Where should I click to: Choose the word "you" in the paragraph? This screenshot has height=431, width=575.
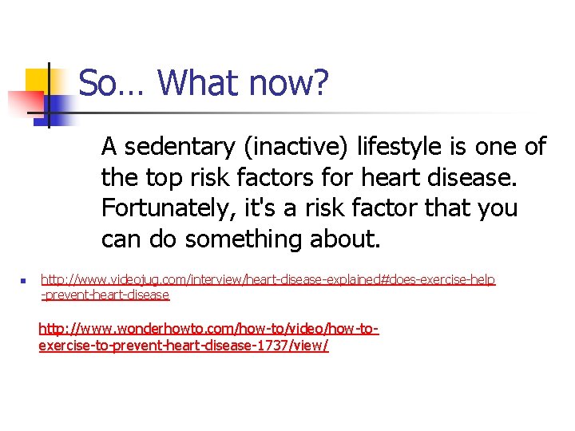click(x=498, y=209)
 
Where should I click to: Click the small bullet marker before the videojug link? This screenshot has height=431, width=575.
click(x=25, y=281)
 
